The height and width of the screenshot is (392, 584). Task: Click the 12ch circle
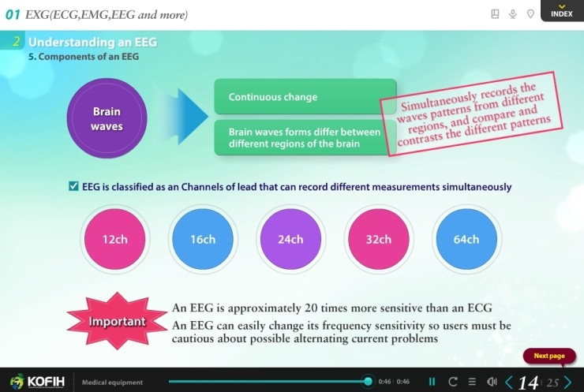(114, 239)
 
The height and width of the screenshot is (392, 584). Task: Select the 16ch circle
(203, 239)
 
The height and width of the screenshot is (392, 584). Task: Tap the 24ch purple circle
(290, 239)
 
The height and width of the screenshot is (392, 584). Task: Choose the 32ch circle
(378, 239)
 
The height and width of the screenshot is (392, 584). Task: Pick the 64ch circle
(466, 239)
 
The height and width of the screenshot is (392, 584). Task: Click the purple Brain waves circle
(107, 118)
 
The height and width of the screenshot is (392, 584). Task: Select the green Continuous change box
(305, 97)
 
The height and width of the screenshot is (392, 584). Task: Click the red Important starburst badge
(117, 321)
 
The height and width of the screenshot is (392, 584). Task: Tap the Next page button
(549, 356)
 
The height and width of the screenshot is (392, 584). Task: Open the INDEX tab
(561, 12)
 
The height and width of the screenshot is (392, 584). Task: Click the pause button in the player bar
(432, 383)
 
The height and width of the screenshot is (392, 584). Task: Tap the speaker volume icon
(492, 383)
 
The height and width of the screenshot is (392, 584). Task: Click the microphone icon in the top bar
(513, 14)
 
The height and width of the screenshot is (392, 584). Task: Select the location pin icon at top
(531, 14)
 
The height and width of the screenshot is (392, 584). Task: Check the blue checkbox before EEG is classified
(73, 187)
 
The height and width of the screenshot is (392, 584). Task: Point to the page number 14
(528, 383)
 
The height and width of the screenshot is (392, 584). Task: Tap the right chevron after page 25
(568, 383)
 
